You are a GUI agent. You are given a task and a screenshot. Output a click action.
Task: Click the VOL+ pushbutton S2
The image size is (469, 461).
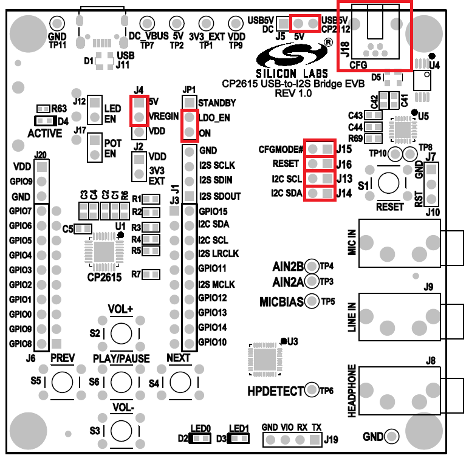122,332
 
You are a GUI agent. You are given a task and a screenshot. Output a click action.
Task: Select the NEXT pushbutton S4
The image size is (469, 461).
180,381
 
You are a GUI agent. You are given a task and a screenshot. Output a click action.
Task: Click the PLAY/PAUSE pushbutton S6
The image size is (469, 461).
122,381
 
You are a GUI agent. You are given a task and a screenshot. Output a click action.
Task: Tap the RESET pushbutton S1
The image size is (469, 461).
389,183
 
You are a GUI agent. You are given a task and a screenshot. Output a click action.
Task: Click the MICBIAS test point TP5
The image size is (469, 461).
312,300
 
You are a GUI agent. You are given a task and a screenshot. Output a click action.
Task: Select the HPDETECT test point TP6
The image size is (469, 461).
312,390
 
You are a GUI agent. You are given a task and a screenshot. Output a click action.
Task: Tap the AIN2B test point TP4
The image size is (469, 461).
312,265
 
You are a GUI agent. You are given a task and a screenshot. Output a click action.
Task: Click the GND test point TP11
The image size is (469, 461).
56,23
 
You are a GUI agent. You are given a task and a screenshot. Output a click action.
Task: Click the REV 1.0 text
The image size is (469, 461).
293,94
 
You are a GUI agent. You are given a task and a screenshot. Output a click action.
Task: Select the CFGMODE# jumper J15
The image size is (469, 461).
320,149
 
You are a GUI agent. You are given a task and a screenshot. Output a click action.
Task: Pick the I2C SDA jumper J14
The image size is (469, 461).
320,194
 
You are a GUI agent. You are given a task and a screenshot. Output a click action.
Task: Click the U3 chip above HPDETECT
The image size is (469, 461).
262,358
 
